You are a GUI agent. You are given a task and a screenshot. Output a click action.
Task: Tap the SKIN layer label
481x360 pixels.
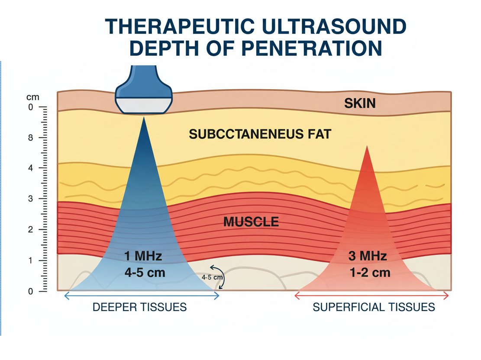[x=360, y=103]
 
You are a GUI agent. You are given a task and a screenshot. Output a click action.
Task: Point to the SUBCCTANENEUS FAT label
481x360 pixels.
[x=260, y=134]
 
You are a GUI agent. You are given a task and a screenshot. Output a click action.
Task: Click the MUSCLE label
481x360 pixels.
[x=251, y=222]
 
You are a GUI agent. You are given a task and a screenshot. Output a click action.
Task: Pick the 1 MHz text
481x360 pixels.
[x=143, y=256]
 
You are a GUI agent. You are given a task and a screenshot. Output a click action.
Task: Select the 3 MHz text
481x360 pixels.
[x=367, y=256]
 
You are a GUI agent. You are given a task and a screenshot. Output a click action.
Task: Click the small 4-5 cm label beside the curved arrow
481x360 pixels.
[x=212, y=277]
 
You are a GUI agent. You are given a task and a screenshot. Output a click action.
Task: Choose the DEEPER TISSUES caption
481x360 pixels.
[x=140, y=307]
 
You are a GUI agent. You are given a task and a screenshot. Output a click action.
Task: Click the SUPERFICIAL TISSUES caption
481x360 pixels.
[x=373, y=307]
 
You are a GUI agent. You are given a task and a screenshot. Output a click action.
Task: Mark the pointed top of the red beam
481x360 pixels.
[x=367, y=147]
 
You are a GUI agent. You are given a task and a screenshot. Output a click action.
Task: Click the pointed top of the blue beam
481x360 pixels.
[x=143, y=118]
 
